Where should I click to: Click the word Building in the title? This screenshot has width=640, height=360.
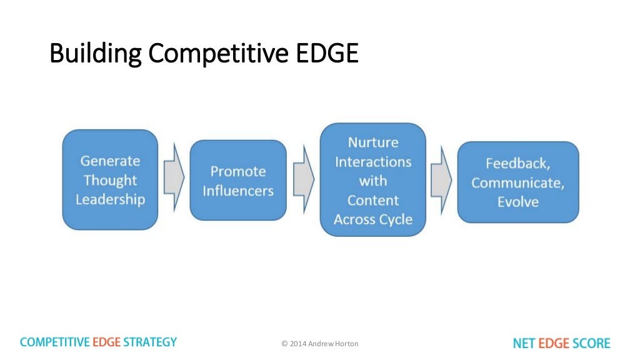[94, 54]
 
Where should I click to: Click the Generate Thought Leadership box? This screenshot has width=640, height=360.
[110, 180]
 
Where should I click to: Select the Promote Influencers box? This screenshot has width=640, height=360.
[237, 180]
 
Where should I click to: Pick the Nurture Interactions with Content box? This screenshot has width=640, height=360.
[373, 180]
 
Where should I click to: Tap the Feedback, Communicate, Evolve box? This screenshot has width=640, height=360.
[518, 182]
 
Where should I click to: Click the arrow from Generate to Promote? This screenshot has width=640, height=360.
[173, 180]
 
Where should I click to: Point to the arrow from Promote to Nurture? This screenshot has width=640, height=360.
[303, 180]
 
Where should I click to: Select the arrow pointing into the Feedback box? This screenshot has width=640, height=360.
[441, 181]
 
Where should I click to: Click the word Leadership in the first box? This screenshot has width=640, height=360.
[110, 200]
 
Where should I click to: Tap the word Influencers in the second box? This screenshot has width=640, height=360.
[238, 191]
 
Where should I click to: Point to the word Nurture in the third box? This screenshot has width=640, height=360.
[373, 142]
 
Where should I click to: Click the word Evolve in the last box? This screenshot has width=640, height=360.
[518, 202]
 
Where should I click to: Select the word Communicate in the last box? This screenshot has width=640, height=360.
[518, 182]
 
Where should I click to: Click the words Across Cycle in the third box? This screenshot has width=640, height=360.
[373, 219]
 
